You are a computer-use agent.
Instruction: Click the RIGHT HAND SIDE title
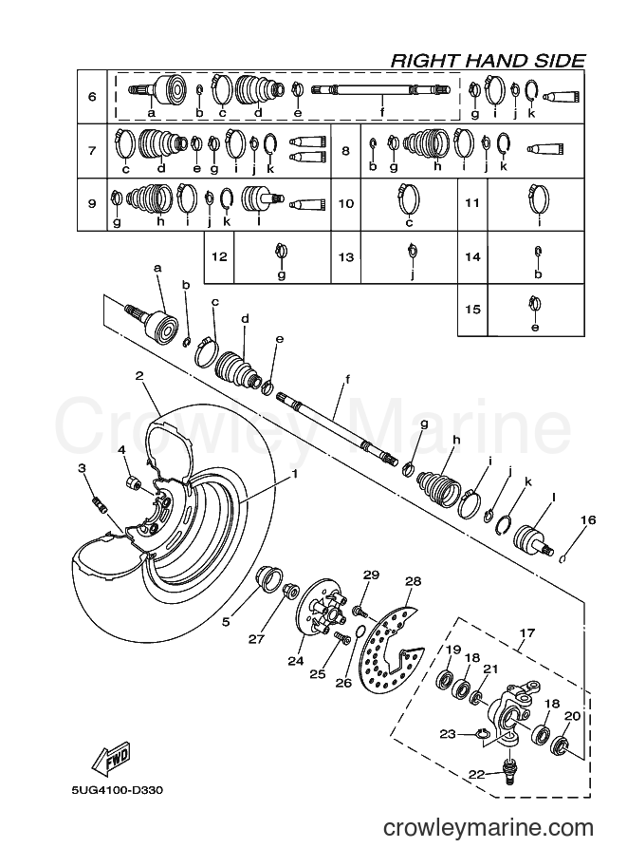[x=488, y=60]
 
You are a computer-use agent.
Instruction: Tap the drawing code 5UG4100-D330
[x=117, y=790]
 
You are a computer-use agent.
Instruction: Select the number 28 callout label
[x=413, y=581]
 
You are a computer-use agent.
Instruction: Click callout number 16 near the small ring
[x=588, y=519]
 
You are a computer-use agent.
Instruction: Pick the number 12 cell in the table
[x=219, y=256]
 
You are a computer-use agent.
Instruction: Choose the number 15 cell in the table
[x=473, y=309]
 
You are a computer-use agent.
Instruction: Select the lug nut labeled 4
[x=134, y=482]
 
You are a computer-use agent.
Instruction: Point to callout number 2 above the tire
[x=139, y=376]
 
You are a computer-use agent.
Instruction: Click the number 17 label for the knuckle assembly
[x=527, y=632]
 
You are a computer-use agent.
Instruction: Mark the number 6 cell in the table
[x=92, y=97]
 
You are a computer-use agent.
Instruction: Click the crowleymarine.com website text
[x=489, y=828]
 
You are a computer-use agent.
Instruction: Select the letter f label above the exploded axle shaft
[x=348, y=379]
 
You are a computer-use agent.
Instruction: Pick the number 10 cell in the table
[x=346, y=203]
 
